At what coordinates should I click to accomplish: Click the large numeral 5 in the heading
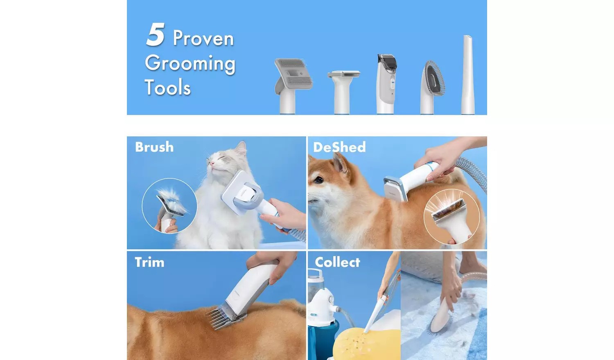click(156, 35)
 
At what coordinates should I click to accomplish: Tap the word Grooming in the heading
click(190, 64)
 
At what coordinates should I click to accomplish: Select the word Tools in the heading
click(167, 87)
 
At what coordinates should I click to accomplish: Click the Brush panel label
click(154, 147)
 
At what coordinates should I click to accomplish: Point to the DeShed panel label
click(339, 147)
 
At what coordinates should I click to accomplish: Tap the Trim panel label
click(149, 262)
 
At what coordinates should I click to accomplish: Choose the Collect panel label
click(337, 262)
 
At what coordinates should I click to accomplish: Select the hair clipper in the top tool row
click(387, 84)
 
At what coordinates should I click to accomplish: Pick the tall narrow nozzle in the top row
click(467, 74)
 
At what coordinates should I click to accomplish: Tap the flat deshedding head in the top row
click(343, 92)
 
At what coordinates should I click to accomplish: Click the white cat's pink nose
click(212, 163)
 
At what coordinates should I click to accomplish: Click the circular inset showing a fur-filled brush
click(169, 206)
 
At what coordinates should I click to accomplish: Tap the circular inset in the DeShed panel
click(451, 217)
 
